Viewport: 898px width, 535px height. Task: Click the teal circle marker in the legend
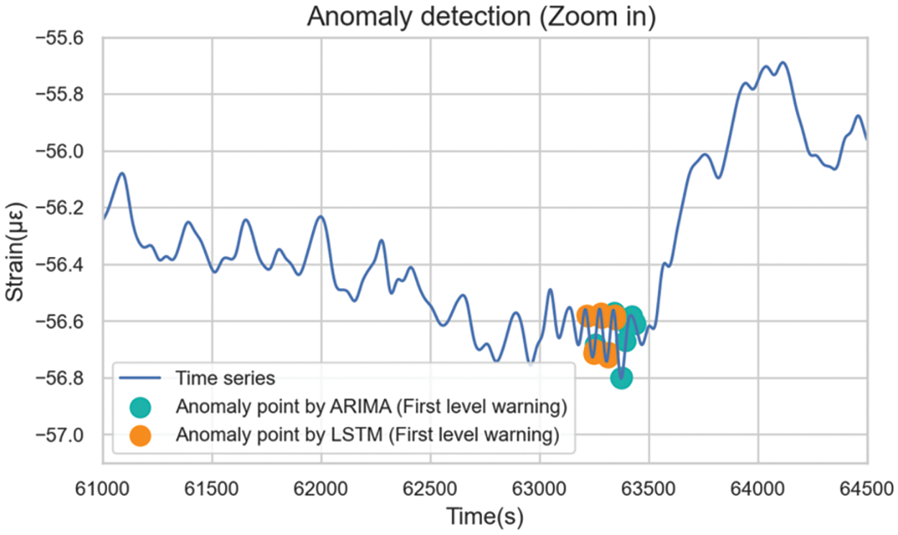pyautogui.click(x=141, y=407)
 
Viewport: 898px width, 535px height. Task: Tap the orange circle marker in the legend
pyautogui.click(x=141, y=435)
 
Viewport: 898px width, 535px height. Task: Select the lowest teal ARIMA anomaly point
pyautogui.click(x=621, y=377)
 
